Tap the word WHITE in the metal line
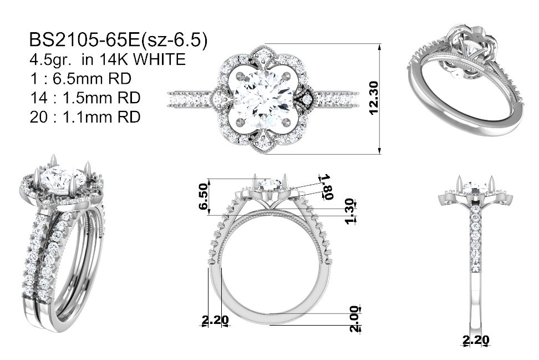[x=159, y=59]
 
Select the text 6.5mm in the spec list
[x=77, y=79]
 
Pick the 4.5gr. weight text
[x=51, y=60]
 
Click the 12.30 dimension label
[x=373, y=98]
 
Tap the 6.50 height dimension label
[x=203, y=196]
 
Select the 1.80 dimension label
[x=326, y=187]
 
